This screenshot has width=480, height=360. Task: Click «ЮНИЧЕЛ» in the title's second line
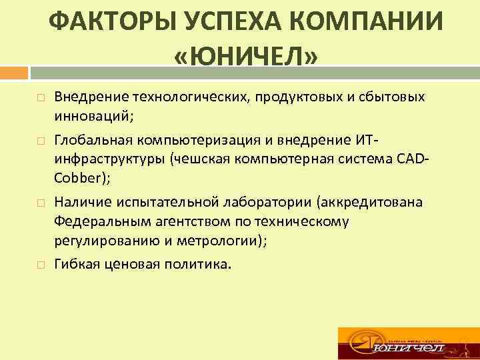pyautogui.click(x=245, y=58)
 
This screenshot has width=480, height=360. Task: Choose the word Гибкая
pyautogui.click(x=77, y=264)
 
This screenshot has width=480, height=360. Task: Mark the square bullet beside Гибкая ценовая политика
pyautogui.click(x=41, y=265)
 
